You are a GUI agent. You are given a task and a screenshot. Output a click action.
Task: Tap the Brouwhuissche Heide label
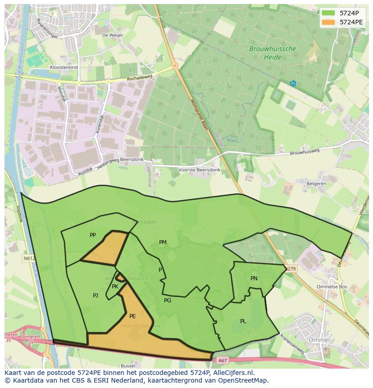273,53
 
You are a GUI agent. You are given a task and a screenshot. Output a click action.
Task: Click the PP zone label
93,235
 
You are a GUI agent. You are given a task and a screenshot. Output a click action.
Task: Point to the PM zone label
163,242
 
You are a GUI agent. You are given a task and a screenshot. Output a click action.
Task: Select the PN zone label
254,278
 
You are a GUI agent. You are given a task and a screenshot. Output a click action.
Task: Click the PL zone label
243,321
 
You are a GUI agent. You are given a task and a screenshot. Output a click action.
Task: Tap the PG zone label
168,301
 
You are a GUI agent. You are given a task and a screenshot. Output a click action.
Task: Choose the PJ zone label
96,296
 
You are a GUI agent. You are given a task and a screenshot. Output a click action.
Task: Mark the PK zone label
115,287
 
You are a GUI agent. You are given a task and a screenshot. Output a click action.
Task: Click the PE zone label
132,316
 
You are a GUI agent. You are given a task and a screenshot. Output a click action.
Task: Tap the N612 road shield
28,259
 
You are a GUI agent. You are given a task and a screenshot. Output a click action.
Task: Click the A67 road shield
223,360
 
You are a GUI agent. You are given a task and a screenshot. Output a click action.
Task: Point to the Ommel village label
319,339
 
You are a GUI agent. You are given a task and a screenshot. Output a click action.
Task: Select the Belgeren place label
316,184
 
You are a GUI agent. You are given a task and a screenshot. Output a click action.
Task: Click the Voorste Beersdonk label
199,170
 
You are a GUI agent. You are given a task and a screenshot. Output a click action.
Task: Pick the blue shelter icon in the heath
293,83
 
